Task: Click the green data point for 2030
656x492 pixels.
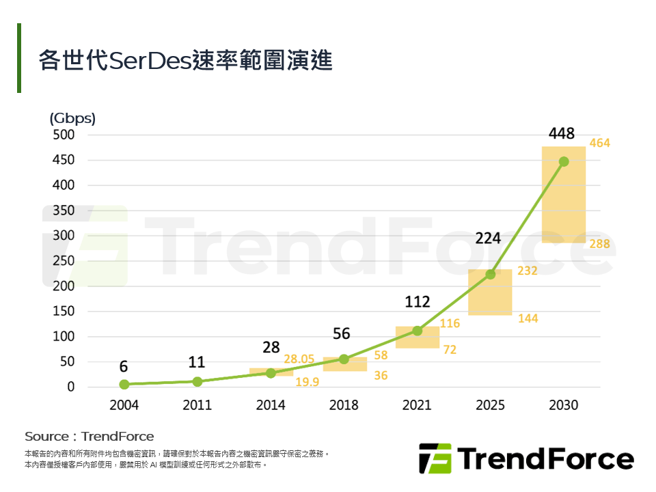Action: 564,162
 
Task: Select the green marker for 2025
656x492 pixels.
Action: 490,274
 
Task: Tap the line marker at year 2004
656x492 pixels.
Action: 124,384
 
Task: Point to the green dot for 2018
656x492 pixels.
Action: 344,359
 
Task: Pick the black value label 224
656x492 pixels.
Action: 489,238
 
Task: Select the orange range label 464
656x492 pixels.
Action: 599,143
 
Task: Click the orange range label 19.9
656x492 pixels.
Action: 307,382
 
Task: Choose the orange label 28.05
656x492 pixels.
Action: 299,359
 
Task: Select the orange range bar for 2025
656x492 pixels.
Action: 490,301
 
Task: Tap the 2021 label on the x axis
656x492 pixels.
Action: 417,405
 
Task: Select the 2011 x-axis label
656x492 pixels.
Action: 197,405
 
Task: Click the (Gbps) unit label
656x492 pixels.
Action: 72,118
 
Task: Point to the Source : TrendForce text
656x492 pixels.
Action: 90,436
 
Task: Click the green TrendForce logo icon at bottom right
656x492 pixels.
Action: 435,458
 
